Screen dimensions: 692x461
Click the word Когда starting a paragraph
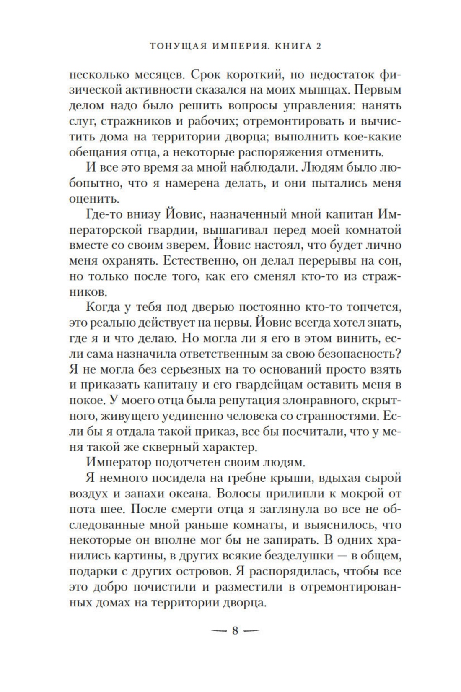(x=104, y=307)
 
